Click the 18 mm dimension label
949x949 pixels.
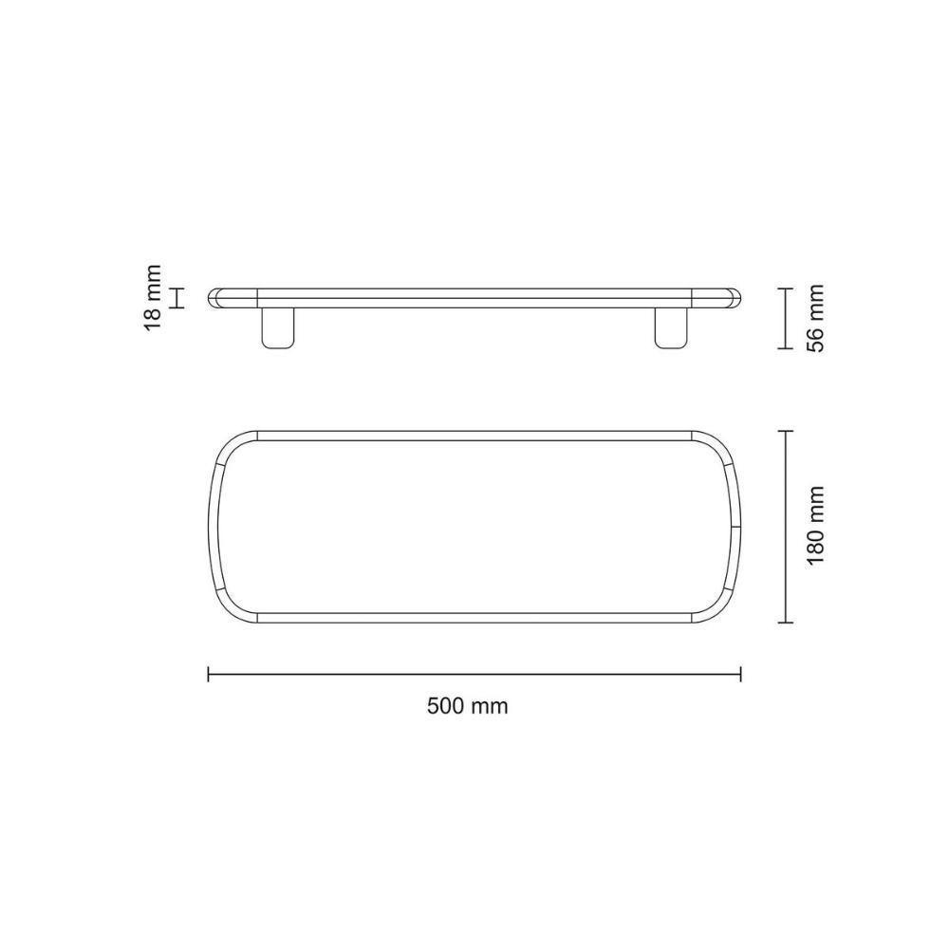click(154, 297)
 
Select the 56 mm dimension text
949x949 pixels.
click(816, 318)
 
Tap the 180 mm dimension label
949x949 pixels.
click(816, 525)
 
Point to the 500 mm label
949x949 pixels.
click(467, 706)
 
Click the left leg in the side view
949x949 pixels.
click(278, 328)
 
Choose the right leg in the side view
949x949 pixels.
click(672, 328)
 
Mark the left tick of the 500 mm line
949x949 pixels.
click(208, 674)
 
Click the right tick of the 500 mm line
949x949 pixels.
click(741, 674)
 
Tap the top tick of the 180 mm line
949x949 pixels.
click(785, 431)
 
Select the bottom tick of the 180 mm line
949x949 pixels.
click(785, 623)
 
